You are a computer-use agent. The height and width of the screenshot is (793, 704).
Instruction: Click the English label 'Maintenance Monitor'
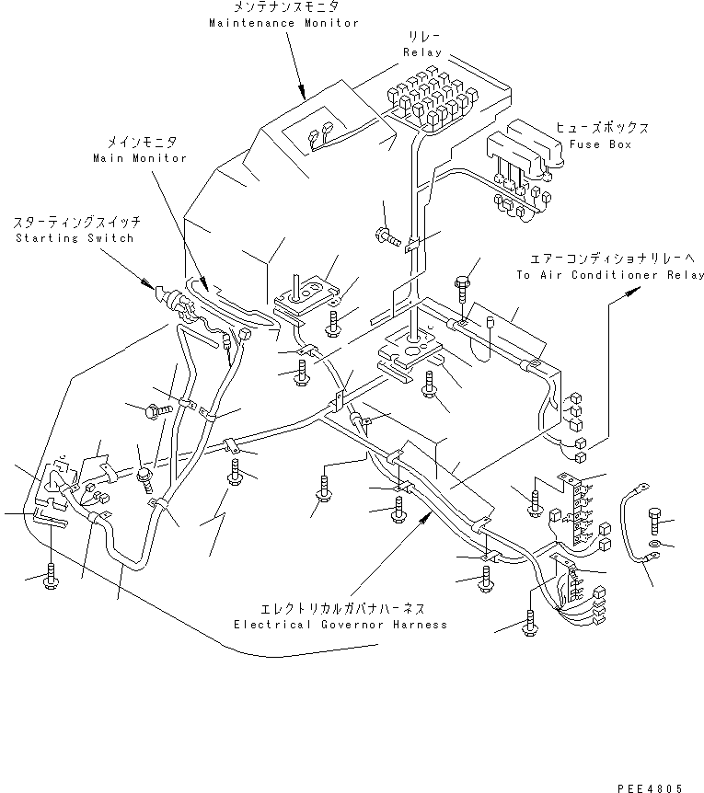[x=283, y=23]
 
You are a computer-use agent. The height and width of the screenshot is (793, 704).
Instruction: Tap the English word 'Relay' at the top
[x=423, y=52]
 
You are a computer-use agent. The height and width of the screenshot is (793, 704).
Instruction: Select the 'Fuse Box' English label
[x=600, y=144]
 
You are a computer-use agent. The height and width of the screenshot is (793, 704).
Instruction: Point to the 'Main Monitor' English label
[x=139, y=158]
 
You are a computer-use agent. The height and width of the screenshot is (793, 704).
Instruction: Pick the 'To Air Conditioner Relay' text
[x=609, y=275]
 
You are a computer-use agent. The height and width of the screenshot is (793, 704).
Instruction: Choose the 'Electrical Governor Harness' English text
[x=340, y=625]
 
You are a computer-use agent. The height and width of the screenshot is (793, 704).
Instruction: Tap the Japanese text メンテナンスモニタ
[x=283, y=8]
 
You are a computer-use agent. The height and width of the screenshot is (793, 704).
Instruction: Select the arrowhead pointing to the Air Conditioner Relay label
[x=632, y=291]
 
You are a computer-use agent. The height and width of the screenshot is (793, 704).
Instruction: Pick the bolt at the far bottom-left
[x=52, y=578]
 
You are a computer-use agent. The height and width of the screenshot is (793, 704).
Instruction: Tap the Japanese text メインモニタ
[x=139, y=143]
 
